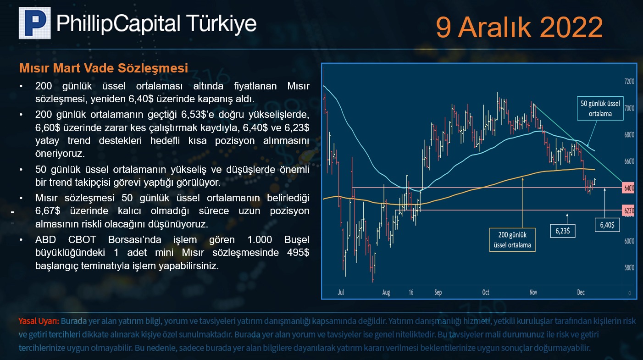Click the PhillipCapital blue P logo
[x=35, y=23]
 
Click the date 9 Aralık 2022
[x=519, y=27]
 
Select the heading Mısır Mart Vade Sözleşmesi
[x=104, y=68]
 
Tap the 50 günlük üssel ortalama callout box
[x=600, y=108]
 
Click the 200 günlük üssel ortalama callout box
[x=512, y=240]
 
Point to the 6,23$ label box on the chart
[x=563, y=231]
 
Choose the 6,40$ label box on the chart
[x=607, y=225]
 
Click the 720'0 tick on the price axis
[x=629, y=82]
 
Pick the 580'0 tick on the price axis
[x=629, y=267]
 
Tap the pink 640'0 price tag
[x=628, y=188]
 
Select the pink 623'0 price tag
[x=628, y=210]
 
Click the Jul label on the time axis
[x=341, y=292]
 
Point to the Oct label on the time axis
[x=486, y=292]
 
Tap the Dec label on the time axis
[x=581, y=292]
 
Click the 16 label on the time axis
[x=411, y=292]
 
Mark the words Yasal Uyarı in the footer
[x=39, y=321]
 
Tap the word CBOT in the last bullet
[x=82, y=240]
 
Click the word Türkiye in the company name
[x=222, y=23]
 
